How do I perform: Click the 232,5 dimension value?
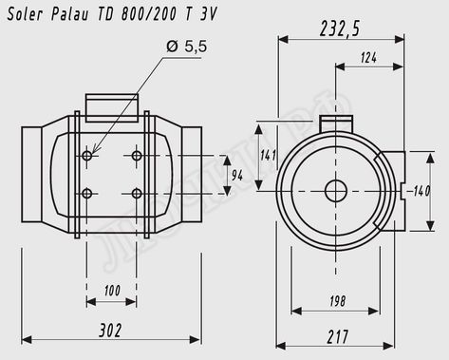[340, 28]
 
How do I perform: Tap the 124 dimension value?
[368, 58]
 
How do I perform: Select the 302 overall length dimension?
[110, 331]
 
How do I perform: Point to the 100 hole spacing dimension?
[112, 291]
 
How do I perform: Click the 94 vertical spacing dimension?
[237, 175]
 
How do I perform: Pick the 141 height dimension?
[268, 155]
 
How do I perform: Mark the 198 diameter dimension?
[337, 301]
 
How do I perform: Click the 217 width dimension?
[337, 337]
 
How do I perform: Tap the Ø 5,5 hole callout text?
[187, 47]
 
